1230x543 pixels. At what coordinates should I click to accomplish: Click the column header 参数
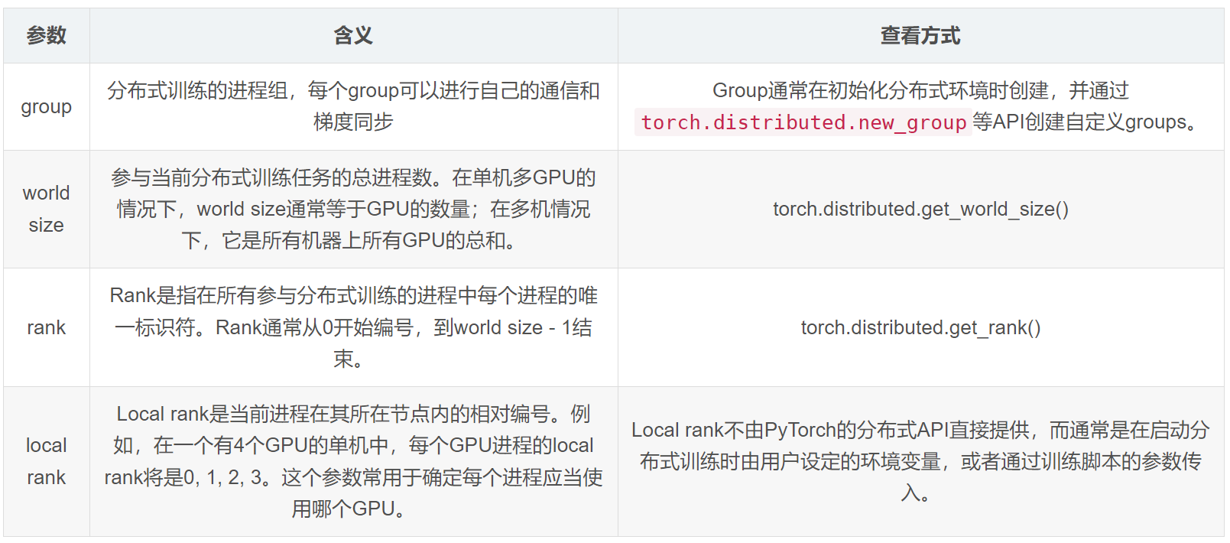46,35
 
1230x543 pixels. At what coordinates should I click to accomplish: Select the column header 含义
353,35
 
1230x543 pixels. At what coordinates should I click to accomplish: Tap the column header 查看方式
920,35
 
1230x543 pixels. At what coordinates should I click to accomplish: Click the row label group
46,106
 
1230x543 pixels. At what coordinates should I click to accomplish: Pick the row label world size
46,209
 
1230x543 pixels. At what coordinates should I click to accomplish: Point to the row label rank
46,327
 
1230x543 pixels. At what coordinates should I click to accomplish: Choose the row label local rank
46,461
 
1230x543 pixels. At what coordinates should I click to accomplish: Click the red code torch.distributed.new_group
803,122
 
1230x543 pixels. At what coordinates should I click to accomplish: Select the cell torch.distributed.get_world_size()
920,209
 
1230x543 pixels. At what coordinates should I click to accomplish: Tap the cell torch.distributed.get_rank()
920,327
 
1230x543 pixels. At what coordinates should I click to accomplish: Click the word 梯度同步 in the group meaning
353,122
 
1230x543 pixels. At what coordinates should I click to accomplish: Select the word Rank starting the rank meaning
132,296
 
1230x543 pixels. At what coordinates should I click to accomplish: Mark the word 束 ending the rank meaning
343,359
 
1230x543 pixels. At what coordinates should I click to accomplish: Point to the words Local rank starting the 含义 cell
163,415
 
